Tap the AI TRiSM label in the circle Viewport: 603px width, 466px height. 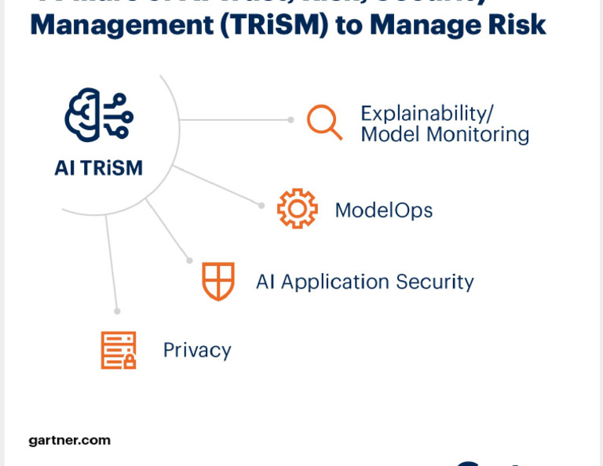point(99,167)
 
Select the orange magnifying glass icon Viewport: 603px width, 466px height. point(324,122)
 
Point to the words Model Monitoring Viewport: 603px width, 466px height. point(444,134)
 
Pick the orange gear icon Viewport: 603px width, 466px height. point(298,209)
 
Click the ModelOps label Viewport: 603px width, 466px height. point(384,210)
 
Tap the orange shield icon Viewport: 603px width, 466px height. point(218,281)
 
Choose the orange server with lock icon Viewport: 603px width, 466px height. point(119,350)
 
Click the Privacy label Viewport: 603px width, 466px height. point(197,350)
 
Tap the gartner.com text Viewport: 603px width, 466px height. point(70,440)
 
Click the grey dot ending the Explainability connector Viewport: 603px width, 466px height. point(291,120)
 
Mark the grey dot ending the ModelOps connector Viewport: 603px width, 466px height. point(262,206)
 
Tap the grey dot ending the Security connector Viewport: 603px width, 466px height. point(189,260)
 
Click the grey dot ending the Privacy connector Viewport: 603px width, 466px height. point(116,310)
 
